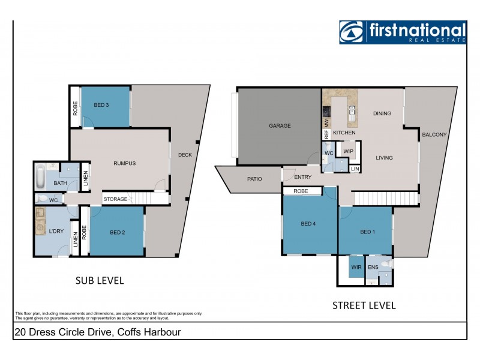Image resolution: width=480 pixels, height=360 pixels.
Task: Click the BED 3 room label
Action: point(101,105)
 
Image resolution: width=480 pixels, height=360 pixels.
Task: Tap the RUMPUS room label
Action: point(125,163)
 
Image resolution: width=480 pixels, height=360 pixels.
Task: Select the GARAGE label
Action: point(280,126)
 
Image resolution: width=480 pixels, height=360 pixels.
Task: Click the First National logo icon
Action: point(351,32)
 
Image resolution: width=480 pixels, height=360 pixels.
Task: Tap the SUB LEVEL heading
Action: point(99,280)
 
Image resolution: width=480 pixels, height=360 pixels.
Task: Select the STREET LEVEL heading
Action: point(364,305)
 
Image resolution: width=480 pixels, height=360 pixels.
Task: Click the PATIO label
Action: point(255,178)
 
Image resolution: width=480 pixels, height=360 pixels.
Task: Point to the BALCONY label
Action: point(434,135)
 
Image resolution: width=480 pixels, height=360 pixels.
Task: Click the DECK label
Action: point(185,155)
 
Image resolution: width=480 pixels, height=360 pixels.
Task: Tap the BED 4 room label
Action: point(308,224)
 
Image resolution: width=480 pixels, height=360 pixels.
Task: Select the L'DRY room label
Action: point(57,232)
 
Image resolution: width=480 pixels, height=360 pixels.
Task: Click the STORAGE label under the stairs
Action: point(115,199)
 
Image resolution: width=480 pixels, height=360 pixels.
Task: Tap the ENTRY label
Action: point(303,176)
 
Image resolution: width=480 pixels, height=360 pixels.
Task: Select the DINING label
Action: point(382,113)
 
